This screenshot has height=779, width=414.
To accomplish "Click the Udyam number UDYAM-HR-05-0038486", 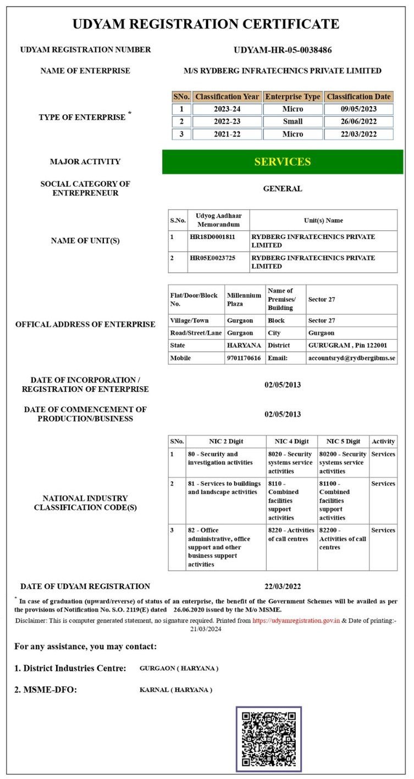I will (283, 50).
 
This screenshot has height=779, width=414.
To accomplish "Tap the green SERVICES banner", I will (283, 162).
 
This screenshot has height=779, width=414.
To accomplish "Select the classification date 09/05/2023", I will (358, 109).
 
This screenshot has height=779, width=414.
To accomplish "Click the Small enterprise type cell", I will (292, 121).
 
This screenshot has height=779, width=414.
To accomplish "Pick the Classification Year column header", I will (227, 97).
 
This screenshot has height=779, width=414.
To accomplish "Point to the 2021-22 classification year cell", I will (227, 134).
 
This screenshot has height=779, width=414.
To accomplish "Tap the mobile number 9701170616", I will (244, 358).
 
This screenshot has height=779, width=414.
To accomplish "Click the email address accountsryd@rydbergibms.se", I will (352, 358).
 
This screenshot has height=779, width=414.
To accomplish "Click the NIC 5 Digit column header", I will (343, 441).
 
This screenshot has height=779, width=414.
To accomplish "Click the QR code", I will (269, 739).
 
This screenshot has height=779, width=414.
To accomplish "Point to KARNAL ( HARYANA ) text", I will (176, 689).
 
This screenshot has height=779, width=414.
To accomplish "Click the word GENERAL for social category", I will (283, 189).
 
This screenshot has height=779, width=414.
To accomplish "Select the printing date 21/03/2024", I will (207, 629).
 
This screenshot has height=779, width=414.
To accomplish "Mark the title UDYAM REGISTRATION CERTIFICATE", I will (206, 24).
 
